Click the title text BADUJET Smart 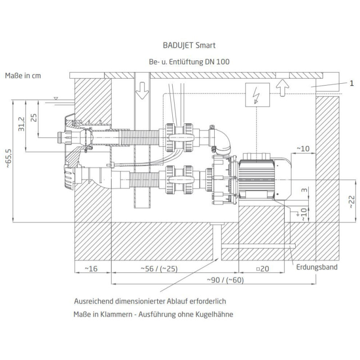point(189,45)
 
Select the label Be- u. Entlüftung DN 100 point(189,62)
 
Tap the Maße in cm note point(23,76)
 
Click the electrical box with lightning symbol point(257,95)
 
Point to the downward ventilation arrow point(142,90)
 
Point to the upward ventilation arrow point(283,88)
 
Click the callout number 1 point(351,83)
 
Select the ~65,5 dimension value point(9,158)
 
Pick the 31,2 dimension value point(21,124)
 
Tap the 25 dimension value point(34,118)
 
